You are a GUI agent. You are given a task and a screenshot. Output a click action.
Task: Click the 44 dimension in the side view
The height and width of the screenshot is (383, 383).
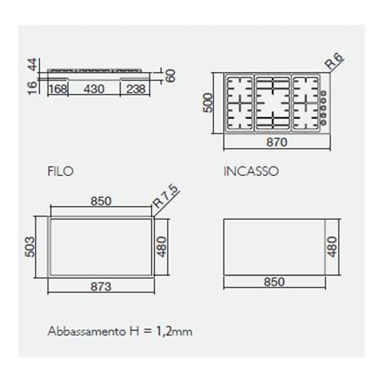click(x=33, y=64)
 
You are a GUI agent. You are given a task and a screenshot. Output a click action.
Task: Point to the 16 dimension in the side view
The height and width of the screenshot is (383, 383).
click(x=33, y=88)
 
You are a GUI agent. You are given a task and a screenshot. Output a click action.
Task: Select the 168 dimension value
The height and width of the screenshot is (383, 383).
click(x=58, y=89)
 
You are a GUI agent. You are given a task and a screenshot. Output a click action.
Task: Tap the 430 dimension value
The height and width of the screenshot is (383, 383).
click(x=94, y=89)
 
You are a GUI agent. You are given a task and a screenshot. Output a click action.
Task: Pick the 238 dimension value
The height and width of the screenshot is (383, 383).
click(x=136, y=89)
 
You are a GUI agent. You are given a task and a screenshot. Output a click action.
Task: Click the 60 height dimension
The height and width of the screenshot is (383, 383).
click(x=171, y=76)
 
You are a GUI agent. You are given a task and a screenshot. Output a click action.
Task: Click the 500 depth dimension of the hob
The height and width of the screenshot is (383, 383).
click(x=208, y=102)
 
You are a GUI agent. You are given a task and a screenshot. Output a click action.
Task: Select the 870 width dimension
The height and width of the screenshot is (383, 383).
click(x=277, y=142)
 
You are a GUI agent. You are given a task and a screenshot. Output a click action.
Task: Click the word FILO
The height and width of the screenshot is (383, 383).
click(x=61, y=171)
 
